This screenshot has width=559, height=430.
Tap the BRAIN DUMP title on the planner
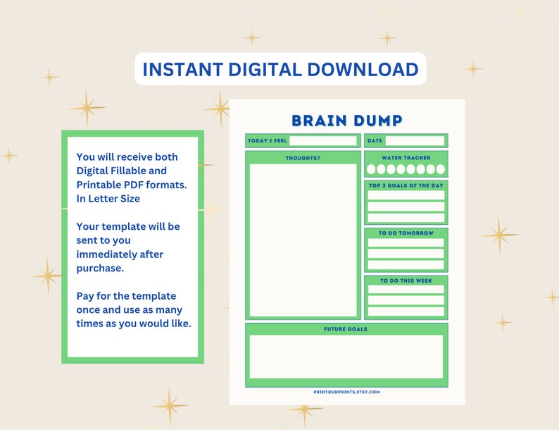click(x=346, y=121)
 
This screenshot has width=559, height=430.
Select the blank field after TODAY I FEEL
click(x=323, y=141)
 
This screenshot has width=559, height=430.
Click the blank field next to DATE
click(x=415, y=141)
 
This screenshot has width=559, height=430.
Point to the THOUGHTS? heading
click(x=303, y=158)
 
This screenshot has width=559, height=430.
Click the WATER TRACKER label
click(x=406, y=158)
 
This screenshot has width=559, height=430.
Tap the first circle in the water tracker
click(x=371, y=169)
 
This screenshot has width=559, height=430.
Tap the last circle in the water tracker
click(x=441, y=169)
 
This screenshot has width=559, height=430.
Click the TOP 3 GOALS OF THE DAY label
click(x=406, y=185)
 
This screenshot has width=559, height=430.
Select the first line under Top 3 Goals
click(x=406, y=195)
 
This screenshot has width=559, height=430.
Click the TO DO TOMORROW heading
click(x=406, y=233)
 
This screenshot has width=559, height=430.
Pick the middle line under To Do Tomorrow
click(x=406, y=254)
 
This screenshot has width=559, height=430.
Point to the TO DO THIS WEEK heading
click(x=406, y=281)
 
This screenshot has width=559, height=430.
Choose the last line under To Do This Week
click(x=406, y=311)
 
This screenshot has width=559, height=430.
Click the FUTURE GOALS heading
click(x=346, y=328)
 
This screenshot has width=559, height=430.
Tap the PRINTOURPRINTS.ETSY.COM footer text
click(x=346, y=392)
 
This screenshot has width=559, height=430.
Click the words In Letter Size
click(x=108, y=199)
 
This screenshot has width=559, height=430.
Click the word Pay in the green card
click(x=86, y=295)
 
